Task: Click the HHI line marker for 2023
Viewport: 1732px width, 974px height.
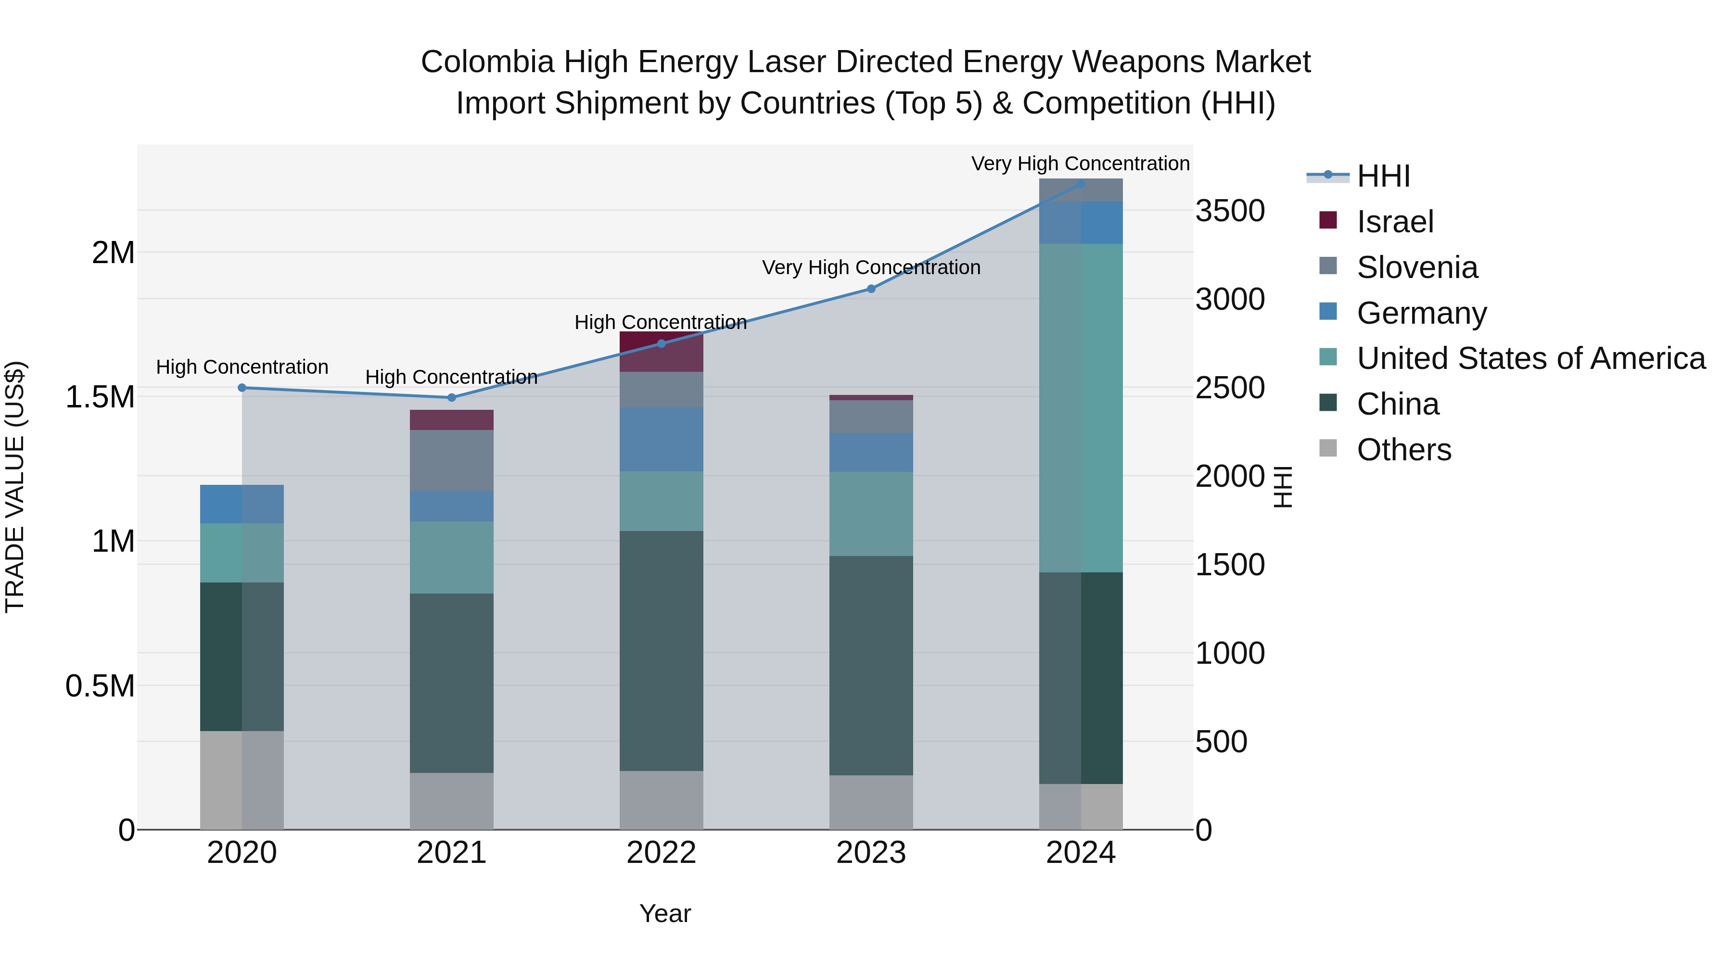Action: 871,289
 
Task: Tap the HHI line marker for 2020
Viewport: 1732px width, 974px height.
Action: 242,388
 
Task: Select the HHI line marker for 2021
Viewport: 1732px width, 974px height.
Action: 452,398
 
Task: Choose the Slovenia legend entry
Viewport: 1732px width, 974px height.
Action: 1417,267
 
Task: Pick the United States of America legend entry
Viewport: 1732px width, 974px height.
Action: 1530,358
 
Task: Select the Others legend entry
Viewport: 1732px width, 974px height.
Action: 1403,450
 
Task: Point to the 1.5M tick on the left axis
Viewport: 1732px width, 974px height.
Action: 100,397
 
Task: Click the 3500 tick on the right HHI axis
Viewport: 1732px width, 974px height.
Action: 1230,211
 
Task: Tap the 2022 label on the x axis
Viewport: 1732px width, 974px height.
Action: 661,853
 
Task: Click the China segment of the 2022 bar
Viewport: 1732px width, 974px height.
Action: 661,651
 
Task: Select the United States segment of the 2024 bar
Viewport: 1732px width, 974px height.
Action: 1081,408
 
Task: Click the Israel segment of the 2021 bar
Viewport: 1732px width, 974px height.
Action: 452,420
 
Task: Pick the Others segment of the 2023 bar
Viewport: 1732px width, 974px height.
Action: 871,803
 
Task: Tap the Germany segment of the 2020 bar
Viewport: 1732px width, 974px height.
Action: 242,504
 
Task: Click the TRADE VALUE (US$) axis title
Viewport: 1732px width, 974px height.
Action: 15,487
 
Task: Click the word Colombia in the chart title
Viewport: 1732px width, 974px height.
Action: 487,62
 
